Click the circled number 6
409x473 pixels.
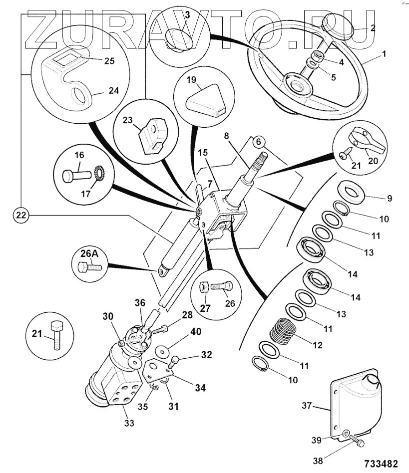258,141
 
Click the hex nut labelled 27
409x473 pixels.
204,287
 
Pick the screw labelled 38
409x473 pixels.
358,441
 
